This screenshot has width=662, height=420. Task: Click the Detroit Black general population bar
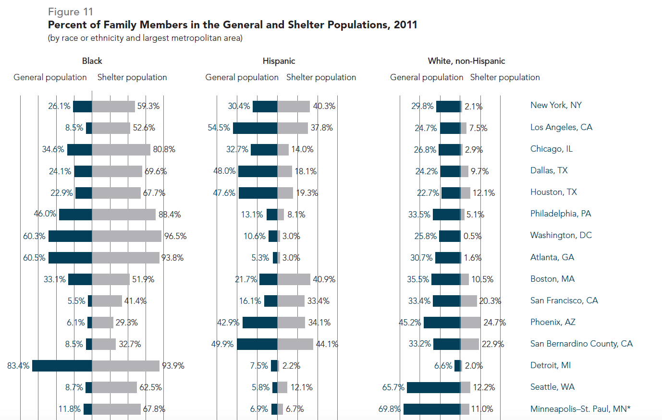pyautogui.click(x=62, y=366)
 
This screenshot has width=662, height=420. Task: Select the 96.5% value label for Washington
pyautogui.click(x=175, y=236)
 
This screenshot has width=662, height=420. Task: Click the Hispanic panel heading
pyautogui.click(x=279, y=61)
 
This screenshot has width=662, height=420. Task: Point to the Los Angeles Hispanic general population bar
pyautogui.click(x=255, y=128)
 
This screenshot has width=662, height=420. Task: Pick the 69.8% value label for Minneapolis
pyautogui.click(x=389, y=409)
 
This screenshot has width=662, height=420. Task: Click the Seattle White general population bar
pyautogui.click(x=433, y=387)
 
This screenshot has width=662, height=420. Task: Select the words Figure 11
pyautogui.click(x=71, y=12)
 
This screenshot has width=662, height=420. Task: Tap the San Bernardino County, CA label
pyautogui.click(x=581, y=344)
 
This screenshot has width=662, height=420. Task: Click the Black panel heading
pyautogui.click(x=92, y=61)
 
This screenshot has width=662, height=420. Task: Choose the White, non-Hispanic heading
pyautogui.click(x=466, y=61)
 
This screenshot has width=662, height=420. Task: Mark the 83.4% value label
pyautogui.click(x=18, y=366)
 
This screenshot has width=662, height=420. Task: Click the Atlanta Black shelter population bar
pyautogui.click(x=125, y=258)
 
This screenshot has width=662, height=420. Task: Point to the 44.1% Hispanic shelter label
pyautogui.click(x=327, y=344)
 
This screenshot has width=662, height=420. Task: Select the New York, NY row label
pyautogui.click(x=556, y=105)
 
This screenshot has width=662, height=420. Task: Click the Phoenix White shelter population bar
pyautogui.click(x=470, y=323)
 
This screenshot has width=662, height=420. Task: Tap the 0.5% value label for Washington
pyautogui.click(x=472, y=236)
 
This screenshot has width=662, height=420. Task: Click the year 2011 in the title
pyautogui.click(x=405, y=25)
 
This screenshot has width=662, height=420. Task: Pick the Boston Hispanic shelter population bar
pyautogui.click(x=294, y=279)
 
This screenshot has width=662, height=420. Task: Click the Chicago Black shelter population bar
pyautogui.click(x=121, y=150)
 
